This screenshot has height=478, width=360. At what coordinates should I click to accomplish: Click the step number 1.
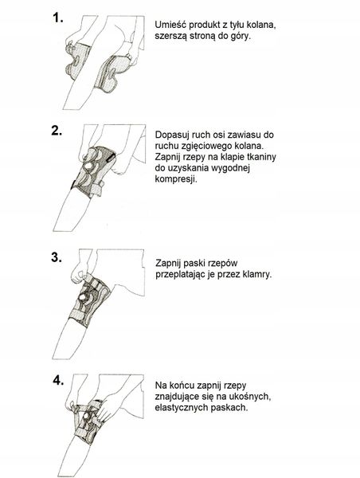(x=58, y=16)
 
